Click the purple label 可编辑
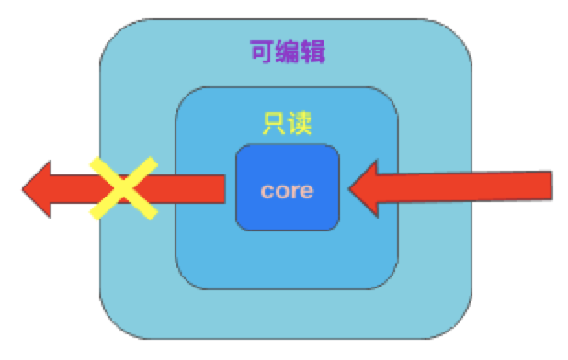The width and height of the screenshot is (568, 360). click(287, 51)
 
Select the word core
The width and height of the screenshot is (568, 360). click(287, 191)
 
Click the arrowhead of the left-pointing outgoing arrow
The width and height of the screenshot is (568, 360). click(41, 189)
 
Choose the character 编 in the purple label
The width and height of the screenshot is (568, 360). click(287, 51)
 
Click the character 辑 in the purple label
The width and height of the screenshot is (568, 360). click(312, 51)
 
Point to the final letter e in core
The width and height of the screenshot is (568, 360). click(307, 192)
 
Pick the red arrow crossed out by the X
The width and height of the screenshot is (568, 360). click(175, 189)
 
